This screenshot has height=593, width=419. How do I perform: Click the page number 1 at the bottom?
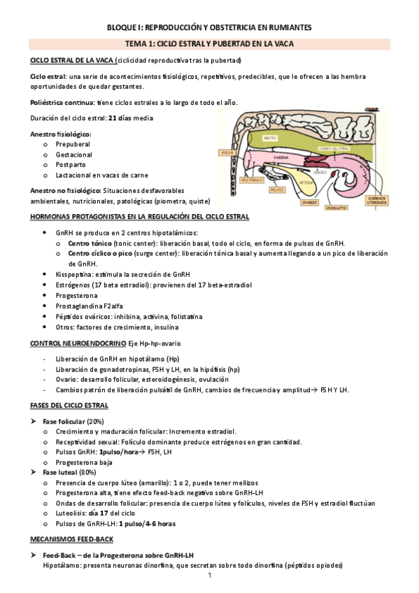tap(209, 576)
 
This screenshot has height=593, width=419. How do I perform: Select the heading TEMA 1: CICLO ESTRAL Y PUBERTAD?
tap(209, 43)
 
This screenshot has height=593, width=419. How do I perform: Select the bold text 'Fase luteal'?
tap(60, 473)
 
